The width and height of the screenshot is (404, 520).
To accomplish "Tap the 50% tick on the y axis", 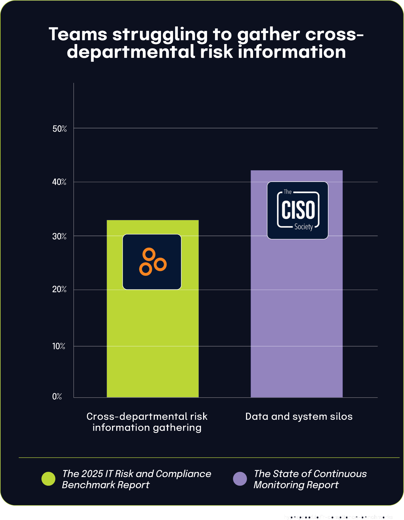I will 60,129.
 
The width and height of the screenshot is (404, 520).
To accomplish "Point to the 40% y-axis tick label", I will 59,182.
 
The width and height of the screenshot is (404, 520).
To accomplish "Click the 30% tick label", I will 59,236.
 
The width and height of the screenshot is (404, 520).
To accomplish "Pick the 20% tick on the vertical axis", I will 59,289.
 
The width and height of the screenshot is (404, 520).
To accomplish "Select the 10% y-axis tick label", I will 59,346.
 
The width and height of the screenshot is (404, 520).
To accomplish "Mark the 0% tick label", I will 57,396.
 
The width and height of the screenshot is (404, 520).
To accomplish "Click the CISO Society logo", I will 298,210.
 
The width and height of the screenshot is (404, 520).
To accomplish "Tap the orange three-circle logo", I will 152,262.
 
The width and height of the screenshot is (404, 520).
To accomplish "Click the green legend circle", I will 49,479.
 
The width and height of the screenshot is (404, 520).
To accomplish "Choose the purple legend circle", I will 240,479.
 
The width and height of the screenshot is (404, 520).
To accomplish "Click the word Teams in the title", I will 78,35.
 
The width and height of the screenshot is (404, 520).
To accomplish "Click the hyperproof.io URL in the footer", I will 338,517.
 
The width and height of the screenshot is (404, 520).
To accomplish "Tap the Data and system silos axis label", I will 299,416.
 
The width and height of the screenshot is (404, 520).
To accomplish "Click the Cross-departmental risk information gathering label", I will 147,422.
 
